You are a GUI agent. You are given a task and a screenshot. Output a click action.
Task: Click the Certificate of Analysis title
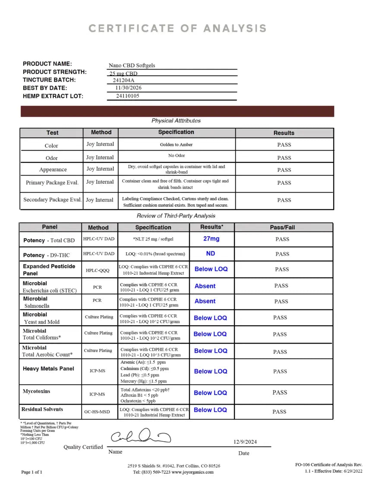(x=177, y=29)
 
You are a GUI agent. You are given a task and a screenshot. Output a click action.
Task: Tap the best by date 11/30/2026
(x=128, y=88)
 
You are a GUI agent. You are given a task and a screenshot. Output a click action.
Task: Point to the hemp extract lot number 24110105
(x=128, y=96)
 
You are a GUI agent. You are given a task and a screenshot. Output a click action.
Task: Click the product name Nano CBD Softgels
(x=132, y=66)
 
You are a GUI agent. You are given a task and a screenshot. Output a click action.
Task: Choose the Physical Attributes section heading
(x=176, y=121)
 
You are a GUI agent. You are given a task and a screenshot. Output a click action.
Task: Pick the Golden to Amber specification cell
(x=176, y=145)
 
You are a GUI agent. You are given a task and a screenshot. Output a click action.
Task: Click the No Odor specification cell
(x=177, y=155)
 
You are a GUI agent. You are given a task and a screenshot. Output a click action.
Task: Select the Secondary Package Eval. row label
(x=52, y=200)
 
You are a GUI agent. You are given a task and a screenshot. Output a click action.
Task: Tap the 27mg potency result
(x=211, y=239)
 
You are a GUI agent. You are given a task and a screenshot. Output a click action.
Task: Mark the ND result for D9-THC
(x=211, y=253)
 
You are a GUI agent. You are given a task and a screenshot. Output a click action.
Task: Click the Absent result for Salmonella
(x=205, y=301)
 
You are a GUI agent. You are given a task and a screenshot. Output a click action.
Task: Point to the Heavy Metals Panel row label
(x=48, y=369)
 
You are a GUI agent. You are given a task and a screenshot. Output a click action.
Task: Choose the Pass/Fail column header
(x=282, y=227)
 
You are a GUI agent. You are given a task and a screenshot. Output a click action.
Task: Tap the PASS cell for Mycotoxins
(x=280, y=393)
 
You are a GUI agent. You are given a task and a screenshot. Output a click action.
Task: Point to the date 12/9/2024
(x=245, y=442)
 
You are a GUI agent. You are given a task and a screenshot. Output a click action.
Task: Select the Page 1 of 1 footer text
(x=32, y=472)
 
